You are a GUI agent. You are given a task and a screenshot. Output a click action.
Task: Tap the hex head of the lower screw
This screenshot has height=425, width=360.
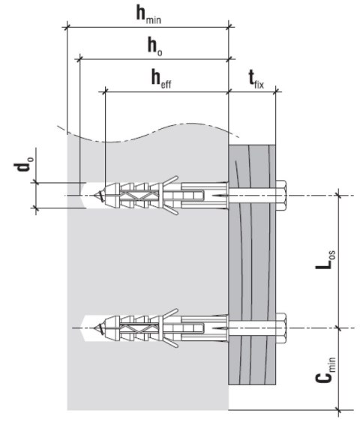tap(282, 327)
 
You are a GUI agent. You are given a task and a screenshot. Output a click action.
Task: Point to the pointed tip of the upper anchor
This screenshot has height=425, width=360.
tap(97, 196)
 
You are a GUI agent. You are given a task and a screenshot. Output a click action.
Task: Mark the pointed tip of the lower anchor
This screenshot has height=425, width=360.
tap(97, 328)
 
